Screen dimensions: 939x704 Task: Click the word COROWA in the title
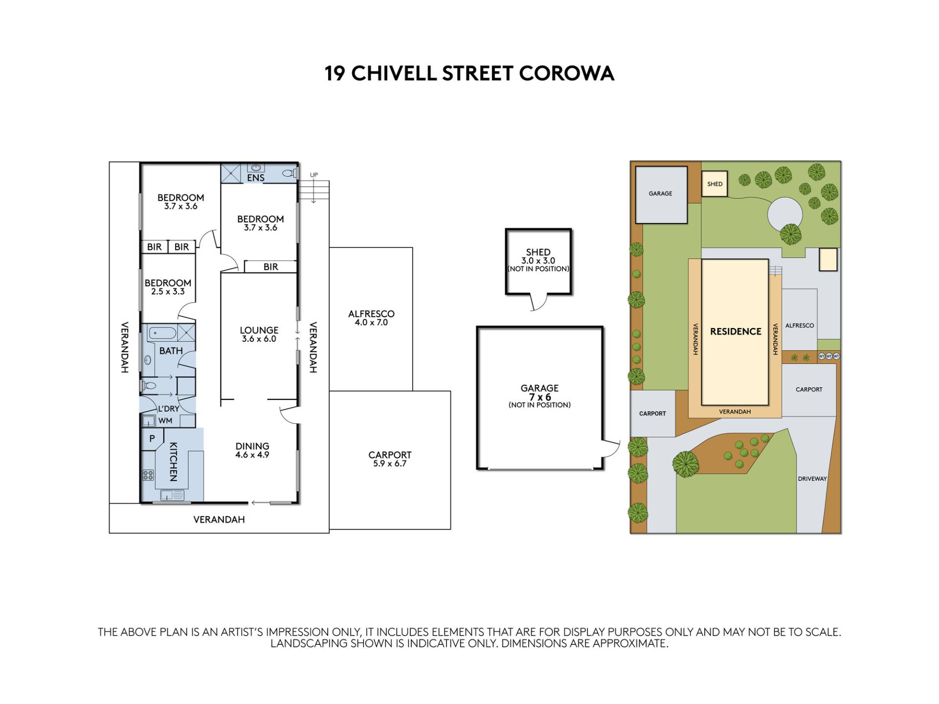coord(566,73)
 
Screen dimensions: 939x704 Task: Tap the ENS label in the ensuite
coord(256,178)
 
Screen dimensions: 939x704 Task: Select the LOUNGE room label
coord(259,330)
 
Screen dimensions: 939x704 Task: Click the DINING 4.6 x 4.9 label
coord(252,450)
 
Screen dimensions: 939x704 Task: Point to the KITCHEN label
coord(173,462)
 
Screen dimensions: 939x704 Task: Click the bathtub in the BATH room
coord(162,334)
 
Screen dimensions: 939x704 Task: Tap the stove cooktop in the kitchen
coord(148,475)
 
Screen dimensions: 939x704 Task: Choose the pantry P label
coord(152,439)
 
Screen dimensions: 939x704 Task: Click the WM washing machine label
coord(165,420)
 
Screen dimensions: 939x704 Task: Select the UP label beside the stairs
coord(314,175)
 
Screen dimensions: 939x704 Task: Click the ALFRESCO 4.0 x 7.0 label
coord(371,318)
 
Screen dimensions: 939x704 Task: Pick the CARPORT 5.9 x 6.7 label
coord(390,459)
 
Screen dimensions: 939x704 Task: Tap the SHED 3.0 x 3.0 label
coord(538,260)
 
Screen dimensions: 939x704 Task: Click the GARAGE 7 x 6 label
coord(539,396)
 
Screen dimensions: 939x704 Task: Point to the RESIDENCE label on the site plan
coord(736,331)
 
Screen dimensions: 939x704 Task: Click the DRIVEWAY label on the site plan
coord(812,479)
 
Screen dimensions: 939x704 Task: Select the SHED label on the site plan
coord(715,184)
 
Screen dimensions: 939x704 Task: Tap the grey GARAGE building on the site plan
coord(661,195)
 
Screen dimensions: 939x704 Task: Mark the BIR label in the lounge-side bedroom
coord(270,267)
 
